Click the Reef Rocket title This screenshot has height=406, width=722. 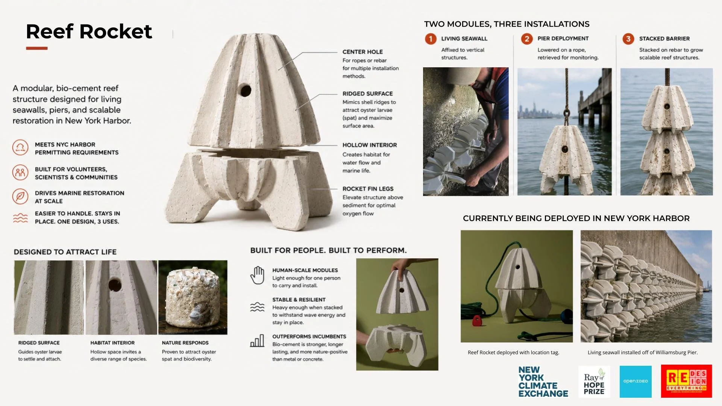(89, 31)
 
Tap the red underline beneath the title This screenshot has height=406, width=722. (37, 48)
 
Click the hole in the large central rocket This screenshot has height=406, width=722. (246, 91)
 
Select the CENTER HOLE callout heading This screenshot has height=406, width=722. (363, 52)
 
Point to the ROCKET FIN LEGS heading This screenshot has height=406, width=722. (368, 189)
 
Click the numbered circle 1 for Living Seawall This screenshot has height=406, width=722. (431, 39)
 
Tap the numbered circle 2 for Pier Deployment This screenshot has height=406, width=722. (527, 39)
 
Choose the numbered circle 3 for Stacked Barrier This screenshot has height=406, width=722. (628, 39)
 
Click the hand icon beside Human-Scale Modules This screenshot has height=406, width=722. (258, 275)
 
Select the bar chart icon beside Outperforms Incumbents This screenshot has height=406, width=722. (257, 341)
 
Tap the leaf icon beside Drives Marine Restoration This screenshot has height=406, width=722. (20, 196)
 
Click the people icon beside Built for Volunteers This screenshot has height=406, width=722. (20, 173)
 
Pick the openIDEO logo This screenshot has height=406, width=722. (636, 381)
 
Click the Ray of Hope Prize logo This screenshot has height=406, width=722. (594, 382)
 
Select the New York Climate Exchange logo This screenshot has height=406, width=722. (543, 382)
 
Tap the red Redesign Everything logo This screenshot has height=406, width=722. (686, 381)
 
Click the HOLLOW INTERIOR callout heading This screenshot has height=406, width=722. (370, 145)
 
